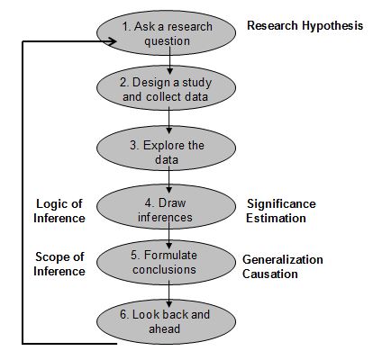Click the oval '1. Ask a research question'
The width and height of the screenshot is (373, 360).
click(x=166, y=33)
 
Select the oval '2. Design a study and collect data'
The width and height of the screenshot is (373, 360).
click(x=166, y=88)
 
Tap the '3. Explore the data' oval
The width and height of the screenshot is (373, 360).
click(x=166, y=148)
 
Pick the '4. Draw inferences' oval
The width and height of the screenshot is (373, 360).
click(x=166, y=207)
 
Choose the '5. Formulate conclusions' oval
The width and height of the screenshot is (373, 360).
click(x=166, y=263)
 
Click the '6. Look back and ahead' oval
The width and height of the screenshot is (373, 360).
click(x=166, y=322)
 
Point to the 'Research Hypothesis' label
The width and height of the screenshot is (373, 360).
click(x=305, y=26)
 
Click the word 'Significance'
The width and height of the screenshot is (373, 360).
click(x=281, y=204)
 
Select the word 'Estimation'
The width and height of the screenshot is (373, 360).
click(x=276, y=218)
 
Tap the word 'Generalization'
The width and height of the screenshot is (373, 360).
click(x=283, y=259)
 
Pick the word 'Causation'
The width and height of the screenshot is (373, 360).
click(x=270, y=274)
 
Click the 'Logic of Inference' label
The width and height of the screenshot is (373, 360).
click(x=59, y=211)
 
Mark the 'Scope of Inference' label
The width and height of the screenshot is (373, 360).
click(x=59, y=264)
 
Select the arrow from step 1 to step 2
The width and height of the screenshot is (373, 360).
click(x=169, y=60)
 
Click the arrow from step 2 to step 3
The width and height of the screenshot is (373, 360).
click(x=169, y=120)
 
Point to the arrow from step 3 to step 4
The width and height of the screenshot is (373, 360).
click(x=169, y=180)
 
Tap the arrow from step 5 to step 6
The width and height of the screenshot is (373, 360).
click(x=169, y=294)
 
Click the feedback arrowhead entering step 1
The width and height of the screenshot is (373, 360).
click(x=112, y=41)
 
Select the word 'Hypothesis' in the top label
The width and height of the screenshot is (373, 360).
click(x=332, y=26)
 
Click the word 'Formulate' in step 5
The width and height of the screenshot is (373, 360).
click(x=170, y=256)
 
